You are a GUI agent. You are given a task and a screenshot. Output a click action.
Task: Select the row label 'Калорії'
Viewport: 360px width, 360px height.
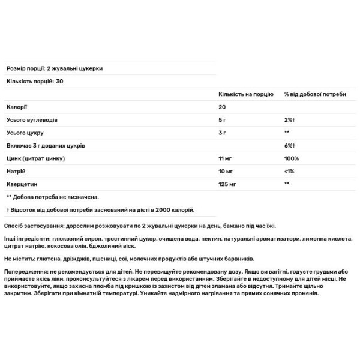pos(16,107)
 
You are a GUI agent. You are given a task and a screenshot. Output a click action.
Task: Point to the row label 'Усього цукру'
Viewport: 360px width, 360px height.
pos(25,133)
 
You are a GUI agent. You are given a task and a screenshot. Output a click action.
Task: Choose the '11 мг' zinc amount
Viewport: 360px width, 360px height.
pos(224,158)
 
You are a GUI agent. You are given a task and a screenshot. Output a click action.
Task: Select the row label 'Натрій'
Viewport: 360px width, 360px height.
pos(16,172)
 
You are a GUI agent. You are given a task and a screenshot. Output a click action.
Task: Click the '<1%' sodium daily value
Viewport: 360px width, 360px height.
pos(289,172)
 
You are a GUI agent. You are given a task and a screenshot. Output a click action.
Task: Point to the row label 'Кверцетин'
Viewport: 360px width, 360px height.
pos(21,184)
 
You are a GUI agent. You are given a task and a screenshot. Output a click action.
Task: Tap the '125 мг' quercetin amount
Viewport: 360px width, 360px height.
pos(226,184)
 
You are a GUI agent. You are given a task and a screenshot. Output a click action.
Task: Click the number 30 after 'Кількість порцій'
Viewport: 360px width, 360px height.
pos(59,82)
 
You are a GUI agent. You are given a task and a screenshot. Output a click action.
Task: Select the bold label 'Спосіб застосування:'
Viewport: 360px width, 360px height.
pos(34,226)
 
